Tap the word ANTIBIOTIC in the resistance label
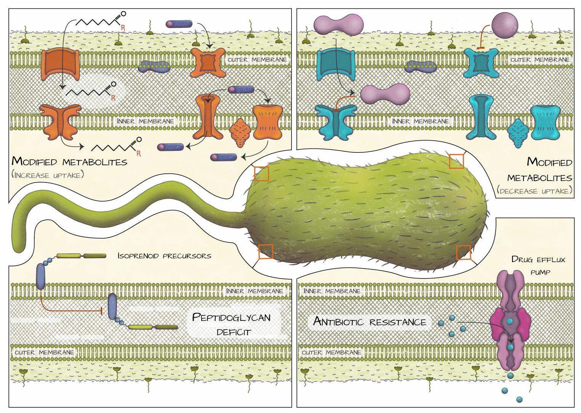pyautogui.click(x=338, y=322)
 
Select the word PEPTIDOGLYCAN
pyautogui.click(x=231, y=317)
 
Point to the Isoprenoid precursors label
pyautogui.click(x=164, y=256)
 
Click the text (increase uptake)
pyautogui.click(x=48, y=175)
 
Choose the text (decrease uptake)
pyautogui.click(x=535, y=191)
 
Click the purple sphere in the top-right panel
pyautogui.click(x=504, y=25)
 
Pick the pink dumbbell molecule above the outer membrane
pyautogui.click(x=339, y=25)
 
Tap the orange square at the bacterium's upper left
pyautogui.click(x=261, y=174)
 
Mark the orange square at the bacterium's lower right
pyautogui.click(x=463, y=252)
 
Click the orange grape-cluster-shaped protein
pyautogui.click(x=240, y=132)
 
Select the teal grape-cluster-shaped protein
pyautogui.click(x=518, y=133)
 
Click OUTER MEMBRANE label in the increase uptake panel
pyautogui.click(x=257, y=60)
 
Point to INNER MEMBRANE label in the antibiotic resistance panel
pyautogui.click(x=332, y=291)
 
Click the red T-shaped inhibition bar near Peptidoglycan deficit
pyautogui.click(x=101, y=311)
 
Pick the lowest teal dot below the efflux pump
pyautogui.click(x=519, y=399)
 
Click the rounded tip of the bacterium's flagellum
pyautogui.click(x=18, y=248)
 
